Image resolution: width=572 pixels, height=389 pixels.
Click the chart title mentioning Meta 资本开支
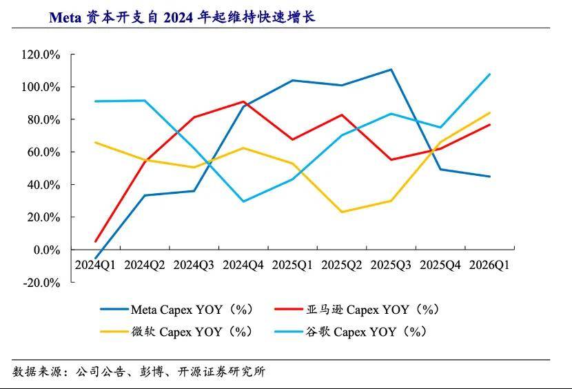pyautogui.click(x=182, y=17)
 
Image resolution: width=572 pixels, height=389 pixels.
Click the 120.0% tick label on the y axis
pyautogui.click(x=41, y=54)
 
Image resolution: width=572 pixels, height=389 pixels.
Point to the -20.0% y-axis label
pyautogui.click(x=41, y=283)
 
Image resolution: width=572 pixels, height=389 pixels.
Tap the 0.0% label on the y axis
pyautogui.click(x=47, y=250)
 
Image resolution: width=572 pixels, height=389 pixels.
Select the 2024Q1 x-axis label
pyautogui.click(x=95, y=265)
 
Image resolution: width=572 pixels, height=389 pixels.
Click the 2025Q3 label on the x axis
pyautogui.click(x=391, y=265)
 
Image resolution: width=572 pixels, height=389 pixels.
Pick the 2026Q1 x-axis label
pyautogui.click(x=489, y=265)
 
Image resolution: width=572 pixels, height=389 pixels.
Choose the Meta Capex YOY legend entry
pyautogui.click(x=177, y=310)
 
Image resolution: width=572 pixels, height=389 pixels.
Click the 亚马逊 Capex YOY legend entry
pyautogui.click(x=357, y=310)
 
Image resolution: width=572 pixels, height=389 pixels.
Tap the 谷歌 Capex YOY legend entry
pyautogui.click(x=351, y=332)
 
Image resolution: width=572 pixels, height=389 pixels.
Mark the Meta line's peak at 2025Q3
pyautogui.click(x=391, y=70)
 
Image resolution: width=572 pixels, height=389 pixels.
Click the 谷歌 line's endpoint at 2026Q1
pyautogui.click(x=489, y=74)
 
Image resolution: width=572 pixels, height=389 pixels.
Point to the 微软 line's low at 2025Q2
pyautogui.click(x=342, y=212)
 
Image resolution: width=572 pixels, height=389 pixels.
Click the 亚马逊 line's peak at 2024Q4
pyautogui.click(x=243, y=101)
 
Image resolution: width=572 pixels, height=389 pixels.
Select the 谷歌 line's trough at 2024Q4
pyautogui.click(x=243, y=201)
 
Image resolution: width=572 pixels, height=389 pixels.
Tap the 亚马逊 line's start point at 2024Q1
pyautogui.click(x=96, y=241)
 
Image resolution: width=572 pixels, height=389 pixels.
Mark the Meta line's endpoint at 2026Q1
pyautogui.click(x=489, y=177)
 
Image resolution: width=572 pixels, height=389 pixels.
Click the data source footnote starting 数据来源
pyautogui.click(x=139, y=372)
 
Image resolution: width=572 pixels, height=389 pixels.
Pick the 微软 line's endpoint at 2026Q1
pyautogui.click(x=489, y=113)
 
